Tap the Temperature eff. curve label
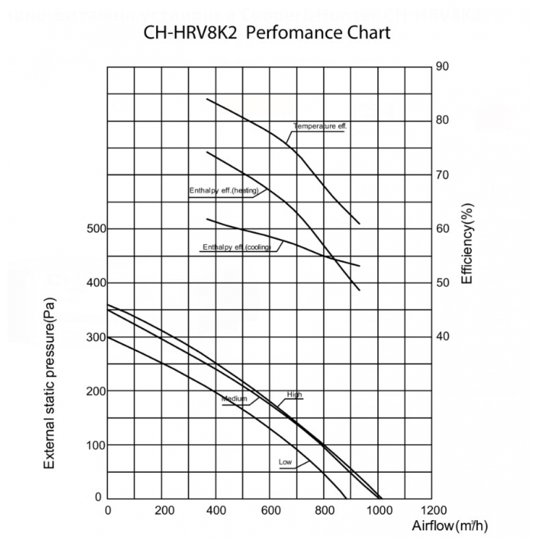[319, 126]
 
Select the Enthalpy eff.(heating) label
[224, 191]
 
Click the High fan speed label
[294, 395]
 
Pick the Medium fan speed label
[234, 399]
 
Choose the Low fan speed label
[285, 462]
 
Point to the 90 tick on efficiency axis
[442, 66]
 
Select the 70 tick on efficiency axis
[442, 175]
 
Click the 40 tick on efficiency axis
[442, 336]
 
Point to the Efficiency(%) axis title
[467, 244]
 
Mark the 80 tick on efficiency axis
[442, 120]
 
